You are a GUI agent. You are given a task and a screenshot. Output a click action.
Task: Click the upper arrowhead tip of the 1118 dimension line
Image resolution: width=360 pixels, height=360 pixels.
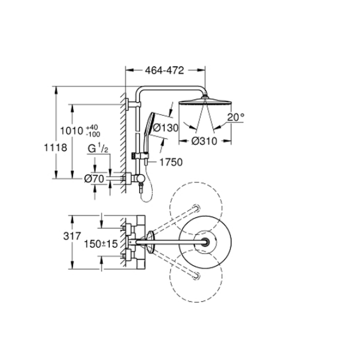click(55, 86)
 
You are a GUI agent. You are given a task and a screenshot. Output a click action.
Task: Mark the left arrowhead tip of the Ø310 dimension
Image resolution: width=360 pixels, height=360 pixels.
click(179, 141)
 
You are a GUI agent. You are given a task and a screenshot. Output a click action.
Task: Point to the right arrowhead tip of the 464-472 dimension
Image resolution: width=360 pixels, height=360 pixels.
click(205, 70)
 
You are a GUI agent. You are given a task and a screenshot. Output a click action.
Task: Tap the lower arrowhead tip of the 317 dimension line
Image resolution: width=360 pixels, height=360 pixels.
click(72, 269)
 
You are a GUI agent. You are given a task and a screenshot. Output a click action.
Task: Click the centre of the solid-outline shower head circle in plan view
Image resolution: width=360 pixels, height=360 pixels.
click(205, 242)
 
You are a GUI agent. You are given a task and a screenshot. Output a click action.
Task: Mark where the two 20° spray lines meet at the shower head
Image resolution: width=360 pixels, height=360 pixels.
click(205, 99)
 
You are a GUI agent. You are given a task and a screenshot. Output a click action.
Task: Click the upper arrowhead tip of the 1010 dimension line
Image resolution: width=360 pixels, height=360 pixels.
click(72, 105)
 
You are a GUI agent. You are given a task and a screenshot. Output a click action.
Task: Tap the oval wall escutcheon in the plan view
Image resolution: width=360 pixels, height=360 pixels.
click(150, 242)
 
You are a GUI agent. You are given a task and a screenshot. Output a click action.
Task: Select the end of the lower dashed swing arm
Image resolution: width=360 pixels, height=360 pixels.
click(197, 275)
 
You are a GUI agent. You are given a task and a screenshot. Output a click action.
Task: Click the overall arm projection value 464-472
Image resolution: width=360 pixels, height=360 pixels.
click(165, 71)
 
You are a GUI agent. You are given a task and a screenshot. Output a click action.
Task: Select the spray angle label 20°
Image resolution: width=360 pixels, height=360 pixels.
click(236, 117)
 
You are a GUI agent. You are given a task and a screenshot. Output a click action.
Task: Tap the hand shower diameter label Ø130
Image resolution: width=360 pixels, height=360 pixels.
click(166, 128)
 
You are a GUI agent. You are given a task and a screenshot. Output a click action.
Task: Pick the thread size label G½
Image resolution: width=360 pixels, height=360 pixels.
click(98, 149)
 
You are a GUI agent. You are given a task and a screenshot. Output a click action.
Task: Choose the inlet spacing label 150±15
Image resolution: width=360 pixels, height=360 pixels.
click(101, 244)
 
